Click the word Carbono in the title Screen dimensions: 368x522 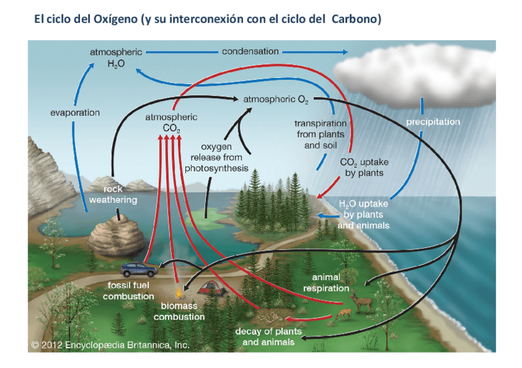356,20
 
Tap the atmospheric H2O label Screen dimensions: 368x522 116,58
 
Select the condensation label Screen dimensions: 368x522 250,52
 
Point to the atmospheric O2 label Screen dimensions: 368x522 276,99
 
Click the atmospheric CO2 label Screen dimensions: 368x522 171,122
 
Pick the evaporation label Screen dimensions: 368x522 74,112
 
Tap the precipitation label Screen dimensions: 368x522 433,122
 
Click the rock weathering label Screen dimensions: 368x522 113,195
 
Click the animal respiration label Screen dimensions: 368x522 326,283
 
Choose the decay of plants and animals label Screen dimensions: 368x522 268,336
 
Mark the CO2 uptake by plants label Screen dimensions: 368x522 364,167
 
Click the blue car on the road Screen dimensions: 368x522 139,269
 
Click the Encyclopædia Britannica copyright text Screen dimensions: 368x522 111,345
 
